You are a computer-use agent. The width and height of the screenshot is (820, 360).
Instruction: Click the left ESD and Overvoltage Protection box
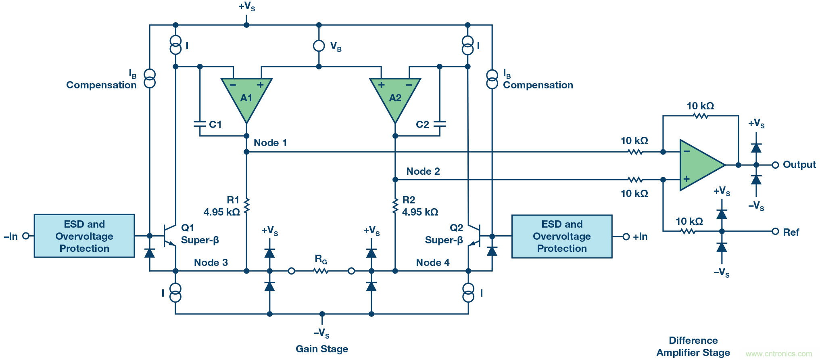(x=84, y=236)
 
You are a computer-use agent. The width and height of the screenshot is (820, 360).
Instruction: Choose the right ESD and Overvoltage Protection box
(x=562, y=237)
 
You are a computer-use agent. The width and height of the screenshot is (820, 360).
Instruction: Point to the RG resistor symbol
(x=321, y=271)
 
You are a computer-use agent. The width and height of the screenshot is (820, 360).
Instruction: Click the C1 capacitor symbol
(x=200, y=124)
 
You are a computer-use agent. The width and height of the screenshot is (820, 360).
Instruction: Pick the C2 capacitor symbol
(x=440, y=124)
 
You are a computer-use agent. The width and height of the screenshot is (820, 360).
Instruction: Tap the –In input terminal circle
(x=26, y=236)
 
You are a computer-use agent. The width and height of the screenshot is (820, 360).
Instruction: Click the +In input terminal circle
(x=626, y=237)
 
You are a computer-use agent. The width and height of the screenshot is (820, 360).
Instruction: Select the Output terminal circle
(x=775, y=165)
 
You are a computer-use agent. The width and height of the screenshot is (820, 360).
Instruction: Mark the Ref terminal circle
(x=775, y=232)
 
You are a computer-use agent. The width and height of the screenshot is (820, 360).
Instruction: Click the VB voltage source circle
(x=319, y=46)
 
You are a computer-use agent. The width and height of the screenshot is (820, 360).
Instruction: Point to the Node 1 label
(x=270, y=143)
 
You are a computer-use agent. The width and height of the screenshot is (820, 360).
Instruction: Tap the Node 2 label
(x=423, y=172)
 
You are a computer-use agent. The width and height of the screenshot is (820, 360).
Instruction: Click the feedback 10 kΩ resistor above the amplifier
(x=701, y=116)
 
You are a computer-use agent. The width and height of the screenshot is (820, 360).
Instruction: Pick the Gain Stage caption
(x=321, y=349)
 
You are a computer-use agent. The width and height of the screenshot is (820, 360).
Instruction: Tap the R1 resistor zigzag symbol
(x=246, y=206)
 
